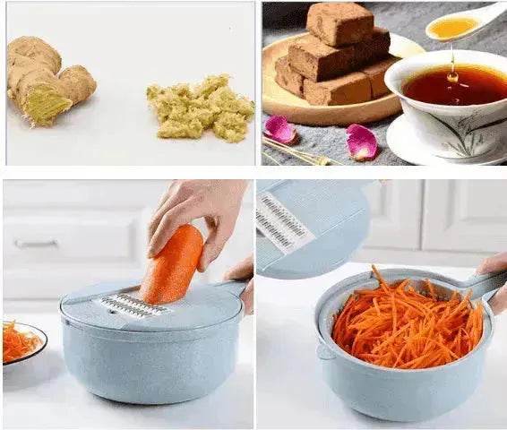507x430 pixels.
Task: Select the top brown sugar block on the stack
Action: (339, 22)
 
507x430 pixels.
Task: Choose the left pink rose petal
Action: (279, 130)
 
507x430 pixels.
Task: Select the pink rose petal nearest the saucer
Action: (362, 141)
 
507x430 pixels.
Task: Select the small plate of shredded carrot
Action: (20, 341)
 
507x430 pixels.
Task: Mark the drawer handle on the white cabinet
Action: (36, 243)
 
